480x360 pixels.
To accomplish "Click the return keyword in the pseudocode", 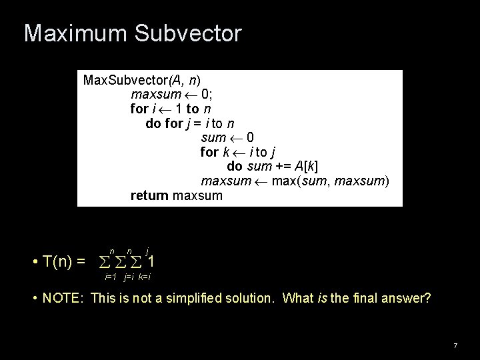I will pyautogui.click(x=151, y=196).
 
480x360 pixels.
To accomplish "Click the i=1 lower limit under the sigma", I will pyautogui.click(x=111, y=275).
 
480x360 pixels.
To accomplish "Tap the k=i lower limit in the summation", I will pyautogui.click(x=147, y=275).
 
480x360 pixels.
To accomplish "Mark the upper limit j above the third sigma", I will pyautogui.click(x=147, y=248).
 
